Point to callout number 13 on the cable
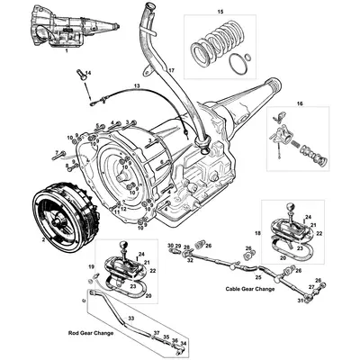[137, 85]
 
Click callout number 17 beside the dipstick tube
[172, 70]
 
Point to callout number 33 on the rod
[131, 318]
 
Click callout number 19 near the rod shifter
[91, 268]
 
